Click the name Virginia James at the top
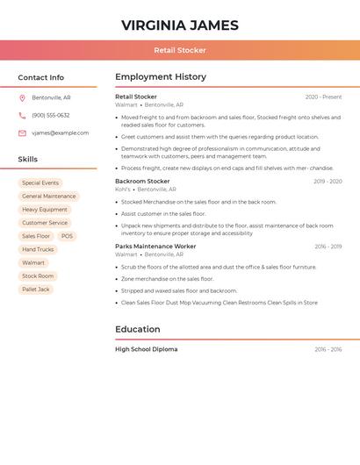[x=180, y=25]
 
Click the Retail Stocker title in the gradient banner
[x=180, y=50]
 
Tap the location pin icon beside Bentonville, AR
[x=22, y=97]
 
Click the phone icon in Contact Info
[x=22, y=115]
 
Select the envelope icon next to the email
[x=22, y=133]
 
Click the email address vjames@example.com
[x=60, y=133]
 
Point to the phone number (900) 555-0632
[x=51, y=115]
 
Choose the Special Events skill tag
[x=40, y=183]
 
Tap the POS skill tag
[x=67, y=236]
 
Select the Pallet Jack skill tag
[x=36, y=289]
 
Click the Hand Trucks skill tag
[x=38, y=249]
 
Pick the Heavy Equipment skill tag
[x=45, y=210]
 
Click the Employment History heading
[x=161, y=77]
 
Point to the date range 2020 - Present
[x=323, y=97]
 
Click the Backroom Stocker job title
[x=142, y=182]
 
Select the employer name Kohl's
[x=123, y=190]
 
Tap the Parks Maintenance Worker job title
[x=155, y=247]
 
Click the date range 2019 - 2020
[x=328, y=182]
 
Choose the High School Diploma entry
[x=146, y=349]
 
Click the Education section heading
[x=138, y=330]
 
